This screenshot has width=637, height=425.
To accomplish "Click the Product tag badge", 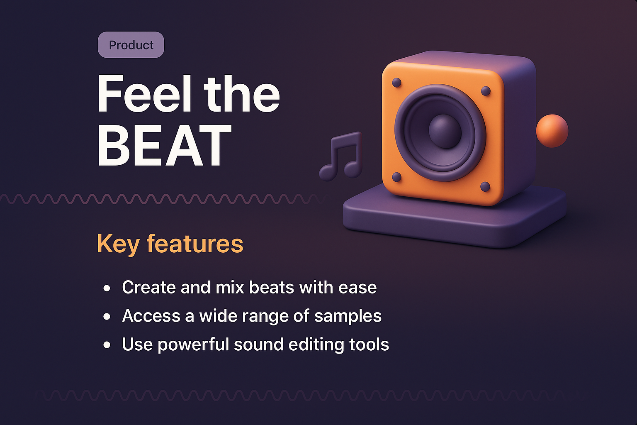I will click(x=131, y=45).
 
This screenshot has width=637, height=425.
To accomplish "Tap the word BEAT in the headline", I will click(x=164, y=146).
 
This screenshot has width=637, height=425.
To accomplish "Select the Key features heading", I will click(x=170, y=244).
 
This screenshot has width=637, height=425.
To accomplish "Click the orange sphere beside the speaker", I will click(x=552, y=131).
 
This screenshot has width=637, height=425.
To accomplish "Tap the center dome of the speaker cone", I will click(x=445, y=131).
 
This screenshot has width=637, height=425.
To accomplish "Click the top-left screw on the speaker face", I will click(x=396, y=83).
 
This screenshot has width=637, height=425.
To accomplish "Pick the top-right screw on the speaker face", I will click(x=486, y=91).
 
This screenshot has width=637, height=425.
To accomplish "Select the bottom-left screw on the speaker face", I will click(x=396, y=177).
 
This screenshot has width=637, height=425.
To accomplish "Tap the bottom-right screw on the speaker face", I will click(x=485, y=187).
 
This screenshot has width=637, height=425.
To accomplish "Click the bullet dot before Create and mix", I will click(x=107, y=288).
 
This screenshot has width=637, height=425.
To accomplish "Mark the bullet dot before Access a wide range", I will click(x=107, y=317).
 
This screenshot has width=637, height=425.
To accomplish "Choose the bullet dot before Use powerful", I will click(x=107, y=345).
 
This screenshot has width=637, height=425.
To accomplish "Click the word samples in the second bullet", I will click(x=348, y=316).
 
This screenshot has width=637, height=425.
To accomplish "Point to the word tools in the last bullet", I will click(x=369, y=344).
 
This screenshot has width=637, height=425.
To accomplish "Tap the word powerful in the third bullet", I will click(x=193, y=345).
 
